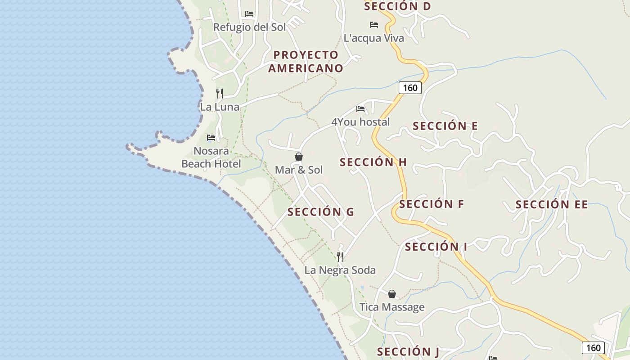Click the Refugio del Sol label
[249, 27]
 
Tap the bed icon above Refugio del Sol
[249, 14]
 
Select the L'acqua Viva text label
[373, 38]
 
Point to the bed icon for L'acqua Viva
[373, 24]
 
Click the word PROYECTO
[306, 55]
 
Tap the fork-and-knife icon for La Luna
[220, 93]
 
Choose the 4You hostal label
[360, 122]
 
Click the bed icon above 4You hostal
[360, 108]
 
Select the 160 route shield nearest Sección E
[410, 87]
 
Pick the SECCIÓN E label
[445, 126]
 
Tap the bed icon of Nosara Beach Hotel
[211, 137]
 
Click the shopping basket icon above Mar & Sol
[299, 157]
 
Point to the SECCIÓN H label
[373, 162]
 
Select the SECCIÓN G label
[320, 211]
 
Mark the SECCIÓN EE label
[551, 205]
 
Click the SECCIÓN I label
[436, 247]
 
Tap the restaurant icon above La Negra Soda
[340, 256]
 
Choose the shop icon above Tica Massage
[392, 294]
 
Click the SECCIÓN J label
[408, 351]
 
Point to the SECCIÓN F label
[431, 204]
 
